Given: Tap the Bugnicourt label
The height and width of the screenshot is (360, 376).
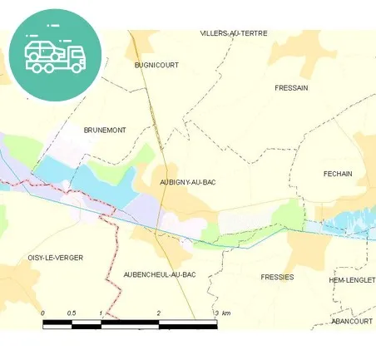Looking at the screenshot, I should [x=156, y=64].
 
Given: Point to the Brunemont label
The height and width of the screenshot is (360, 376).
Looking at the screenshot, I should [x=105, y=131].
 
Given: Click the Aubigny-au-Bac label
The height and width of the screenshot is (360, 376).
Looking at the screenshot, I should [x=188, y=182].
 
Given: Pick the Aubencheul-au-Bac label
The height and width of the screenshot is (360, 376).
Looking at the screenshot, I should [x=159, y=274].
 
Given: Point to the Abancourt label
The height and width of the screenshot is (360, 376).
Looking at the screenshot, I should [x=351, y=320].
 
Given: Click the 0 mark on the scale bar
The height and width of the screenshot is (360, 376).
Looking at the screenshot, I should [x=43, y=313].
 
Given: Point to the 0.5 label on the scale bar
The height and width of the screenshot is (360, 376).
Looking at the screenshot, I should [x=72, y=313].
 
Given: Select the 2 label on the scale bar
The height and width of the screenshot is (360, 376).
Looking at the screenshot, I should [x=158, y=313].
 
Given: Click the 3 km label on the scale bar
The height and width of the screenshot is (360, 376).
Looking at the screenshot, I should [x=221, y=313].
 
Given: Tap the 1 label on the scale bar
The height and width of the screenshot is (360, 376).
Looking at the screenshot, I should [x=101, y=313].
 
